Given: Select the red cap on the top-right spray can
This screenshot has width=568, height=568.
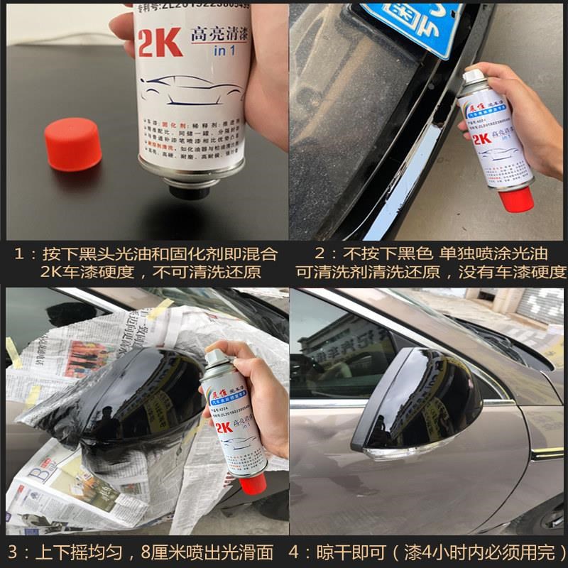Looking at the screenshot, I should pos(515,198).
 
